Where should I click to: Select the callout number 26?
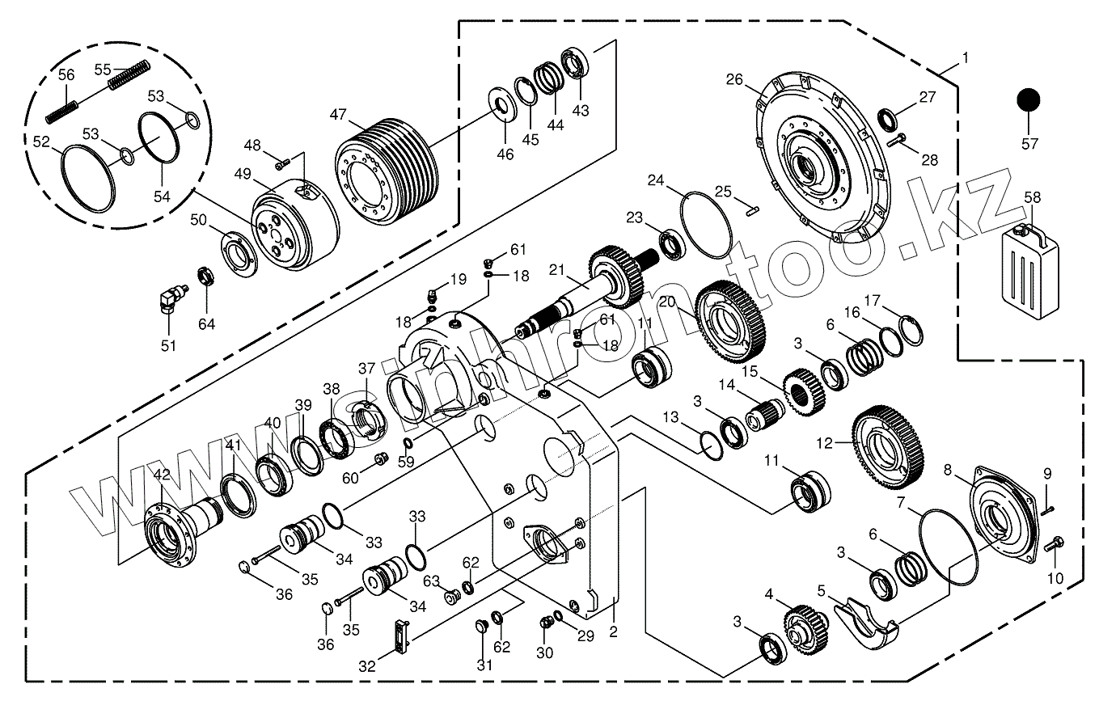click(x=733, y=79)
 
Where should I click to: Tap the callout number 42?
click(x=162, y=475)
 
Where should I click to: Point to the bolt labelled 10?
click(x=1056, y=545)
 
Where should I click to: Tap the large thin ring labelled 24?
click(x=707, y=224)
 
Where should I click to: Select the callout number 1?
click(x=965, y=58)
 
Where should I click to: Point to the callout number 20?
click(x=666, y=302)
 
